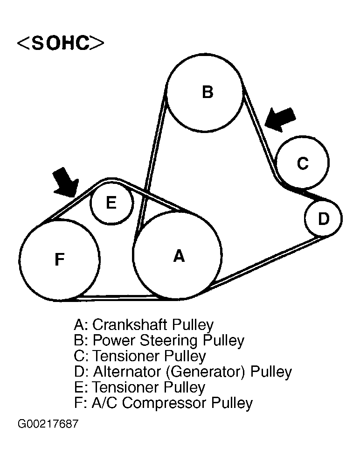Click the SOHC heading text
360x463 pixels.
tap(60, 42)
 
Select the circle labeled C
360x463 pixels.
tap(303, 162)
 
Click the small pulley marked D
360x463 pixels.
tap(323, 218)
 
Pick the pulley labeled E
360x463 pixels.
tap(111, 203)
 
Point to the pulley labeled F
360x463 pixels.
tap(60, 260)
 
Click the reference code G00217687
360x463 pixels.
tap(48, 424)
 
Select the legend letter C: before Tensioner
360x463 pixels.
tap(81, 356)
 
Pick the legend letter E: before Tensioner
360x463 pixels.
tap(80, 387)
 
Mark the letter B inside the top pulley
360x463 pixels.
tap(208, 91)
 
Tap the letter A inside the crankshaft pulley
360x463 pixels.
tap(179, 256)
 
